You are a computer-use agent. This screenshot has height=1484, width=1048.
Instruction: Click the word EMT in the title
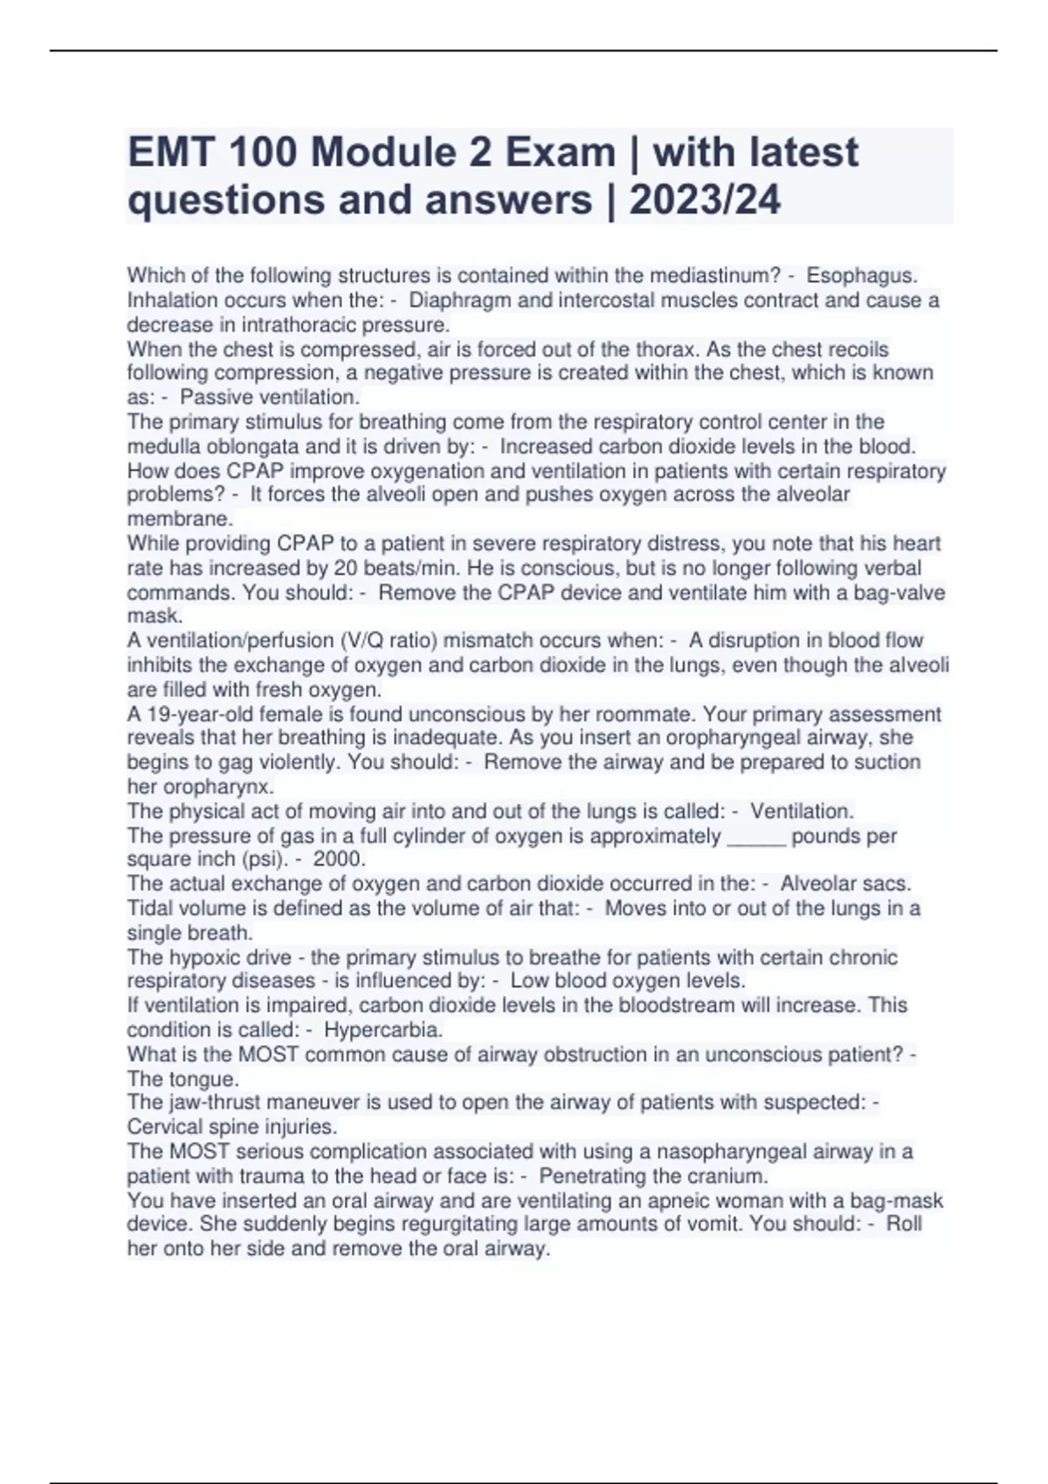pos(171,154)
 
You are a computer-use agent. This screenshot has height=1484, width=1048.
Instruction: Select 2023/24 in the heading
pos(705,201)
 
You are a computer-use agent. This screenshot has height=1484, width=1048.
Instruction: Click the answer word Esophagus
pos(861,276)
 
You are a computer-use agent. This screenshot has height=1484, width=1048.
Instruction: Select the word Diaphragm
pos(452,300)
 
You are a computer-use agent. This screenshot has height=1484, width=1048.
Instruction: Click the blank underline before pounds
pos(756,836)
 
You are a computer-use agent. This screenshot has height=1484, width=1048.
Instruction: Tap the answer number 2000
pos(339,859)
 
